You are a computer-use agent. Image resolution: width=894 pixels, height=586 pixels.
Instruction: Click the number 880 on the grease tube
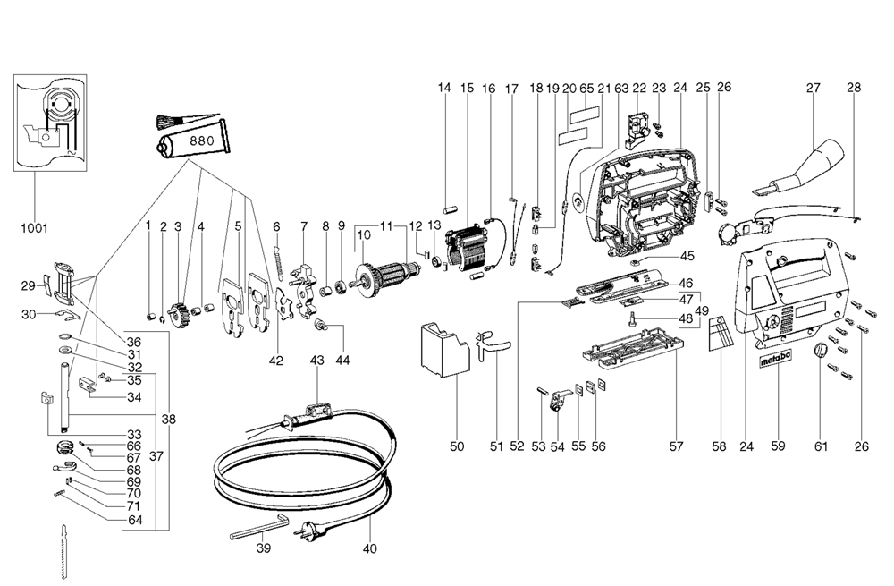pyautogui.click(x=202, y=140)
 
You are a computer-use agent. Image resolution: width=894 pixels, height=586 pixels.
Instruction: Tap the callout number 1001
pyautogui.click(x=34, y=228)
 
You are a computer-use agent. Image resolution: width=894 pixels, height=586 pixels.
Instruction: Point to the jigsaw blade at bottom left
pyautogui.click(x=63, y=551)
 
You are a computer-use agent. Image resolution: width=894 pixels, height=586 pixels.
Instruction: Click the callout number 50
pyautogui.click(x=457, y=446)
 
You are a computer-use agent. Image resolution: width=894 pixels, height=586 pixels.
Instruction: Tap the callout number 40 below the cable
pyautogui.click(x=369, y=549)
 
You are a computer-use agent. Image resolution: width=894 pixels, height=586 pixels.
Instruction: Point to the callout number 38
pyautogui.click(x=168, y=420)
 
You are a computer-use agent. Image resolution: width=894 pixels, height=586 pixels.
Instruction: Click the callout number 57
pyautogui.click(x=676, y=446)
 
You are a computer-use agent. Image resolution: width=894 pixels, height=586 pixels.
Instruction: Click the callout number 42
pyautogui.click(x=276, y=361)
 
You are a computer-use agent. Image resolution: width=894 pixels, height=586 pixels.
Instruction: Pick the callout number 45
pyautogui.click(x=687, y=256)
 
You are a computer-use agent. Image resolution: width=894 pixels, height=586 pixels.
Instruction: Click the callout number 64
pyautogui.click(x=135, y=520)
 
